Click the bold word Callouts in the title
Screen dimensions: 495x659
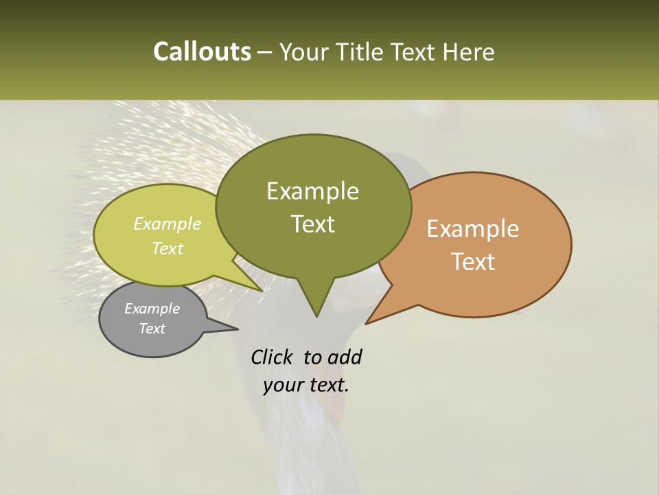coord(202,52)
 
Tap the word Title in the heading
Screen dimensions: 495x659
coord(361,52)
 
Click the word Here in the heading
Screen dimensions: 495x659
coord(468,52)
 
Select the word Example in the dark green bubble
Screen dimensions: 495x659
coord(312,191)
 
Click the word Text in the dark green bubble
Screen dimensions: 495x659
coord(312,223)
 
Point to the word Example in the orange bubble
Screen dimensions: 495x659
coord(473,229)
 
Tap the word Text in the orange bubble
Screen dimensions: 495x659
coord(473,261)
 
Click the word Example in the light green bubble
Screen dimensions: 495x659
coord(167,223)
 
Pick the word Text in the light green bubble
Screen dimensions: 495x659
coord(167,248)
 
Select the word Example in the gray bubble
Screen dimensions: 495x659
coord(152,309)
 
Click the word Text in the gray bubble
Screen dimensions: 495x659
coord(152,329)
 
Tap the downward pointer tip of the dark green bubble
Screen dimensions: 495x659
coord(316,315)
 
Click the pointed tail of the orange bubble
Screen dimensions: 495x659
coord(367,322)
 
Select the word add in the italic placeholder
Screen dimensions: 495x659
coord(345,357)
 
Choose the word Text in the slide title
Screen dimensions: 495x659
coord(419,52)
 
